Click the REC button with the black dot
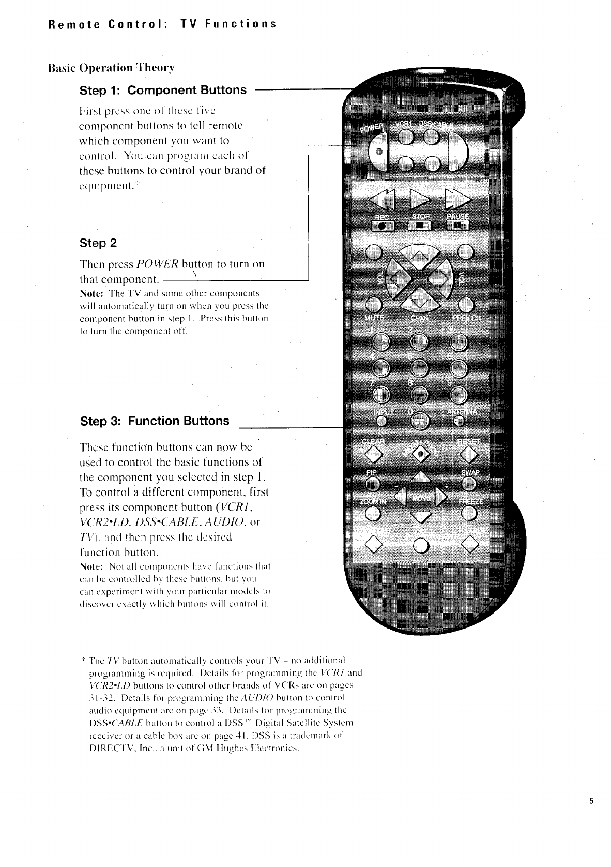point(382,225)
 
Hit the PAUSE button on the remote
point(457,225)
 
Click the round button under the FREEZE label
point(469,513)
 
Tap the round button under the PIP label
point(372,484)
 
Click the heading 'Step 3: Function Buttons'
point(155,421)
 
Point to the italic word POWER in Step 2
point(158,264)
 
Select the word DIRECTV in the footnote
point(106,749)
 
